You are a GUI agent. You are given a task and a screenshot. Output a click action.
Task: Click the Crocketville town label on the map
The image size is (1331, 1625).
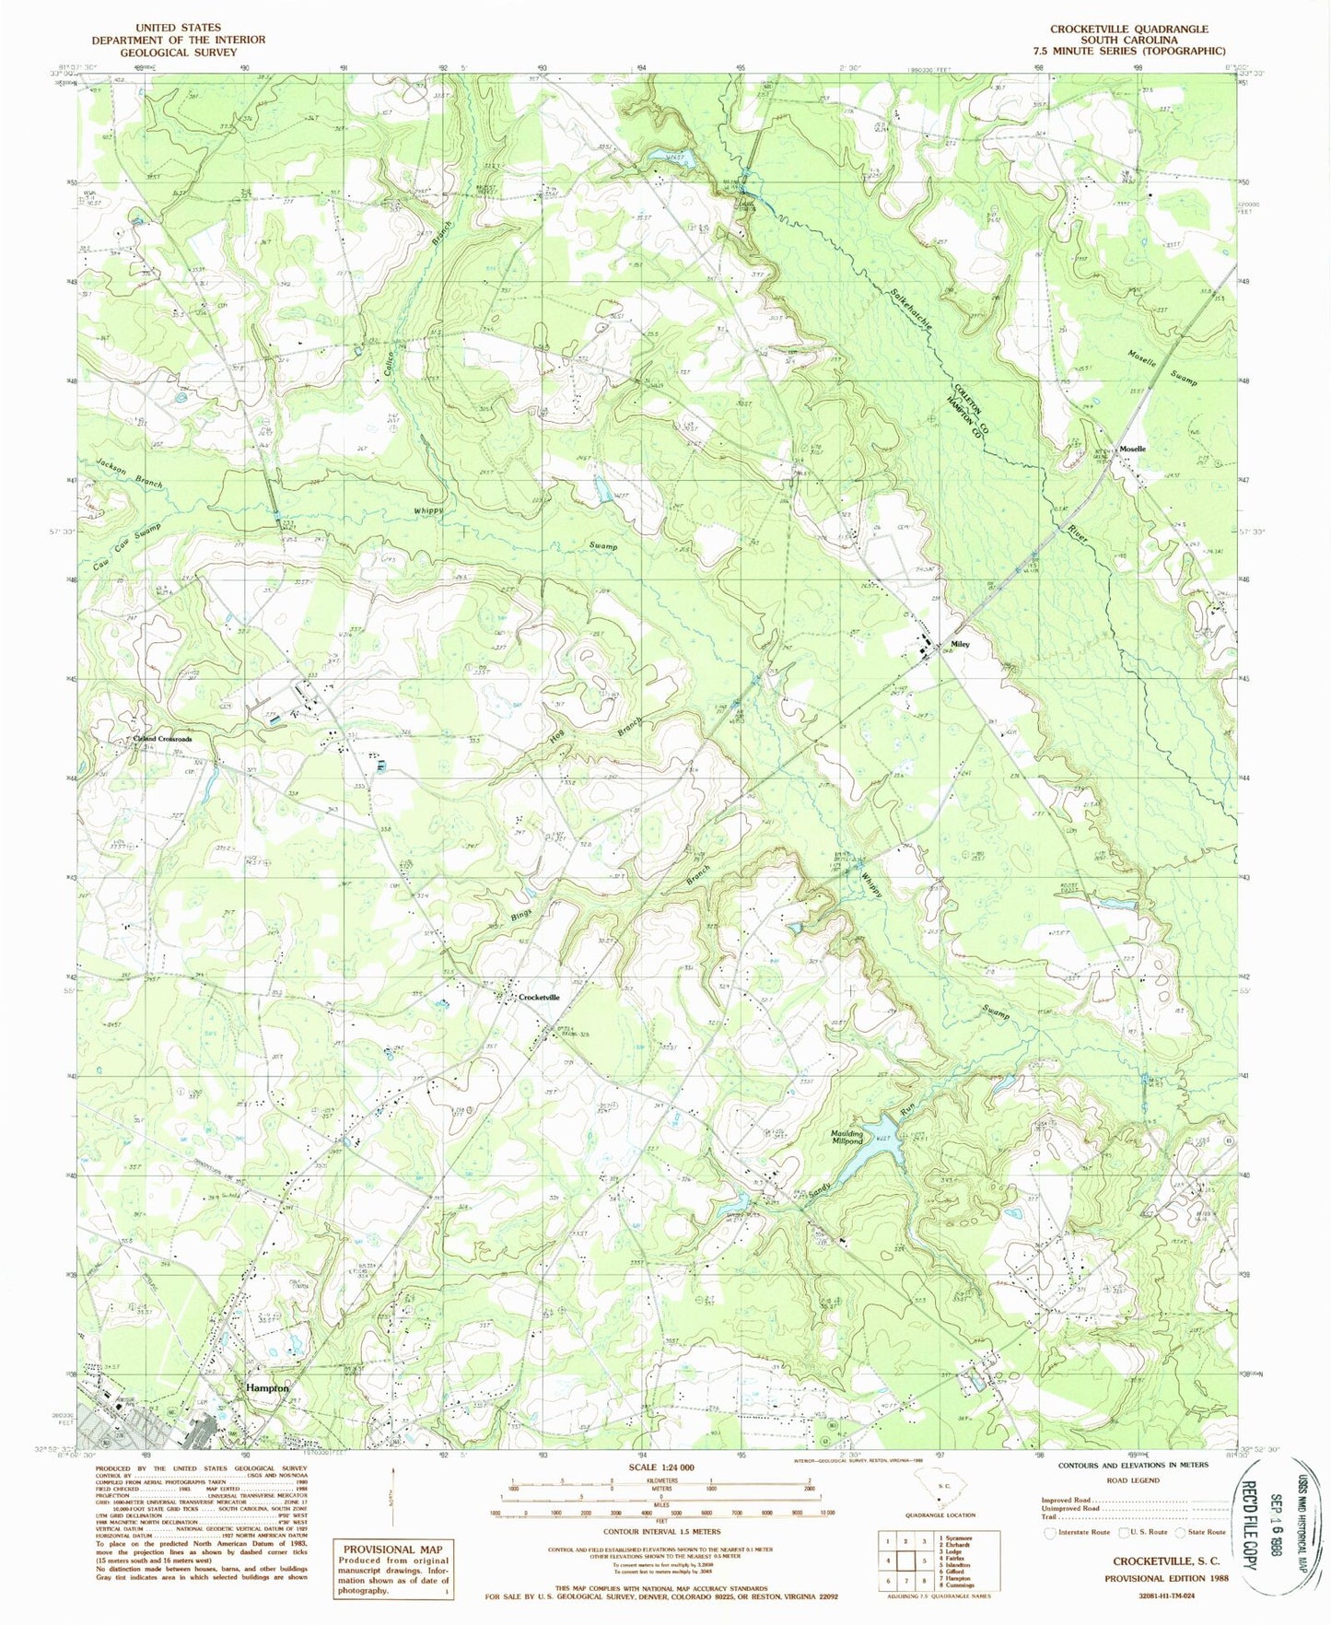click(539, 998)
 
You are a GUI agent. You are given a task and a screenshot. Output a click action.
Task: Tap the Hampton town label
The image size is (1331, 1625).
click(266, 1387)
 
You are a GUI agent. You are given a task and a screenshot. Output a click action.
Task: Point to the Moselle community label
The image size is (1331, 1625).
click(1133, 449)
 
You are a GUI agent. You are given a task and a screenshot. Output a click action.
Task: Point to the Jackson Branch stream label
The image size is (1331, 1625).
click(128, 472)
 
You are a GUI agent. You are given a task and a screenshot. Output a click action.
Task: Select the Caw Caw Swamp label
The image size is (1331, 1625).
click(126, 549)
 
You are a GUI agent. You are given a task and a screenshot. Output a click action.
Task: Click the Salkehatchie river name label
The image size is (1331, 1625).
click(912, 311)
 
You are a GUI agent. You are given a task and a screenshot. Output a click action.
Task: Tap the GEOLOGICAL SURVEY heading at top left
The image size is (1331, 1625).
click(178, 52)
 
